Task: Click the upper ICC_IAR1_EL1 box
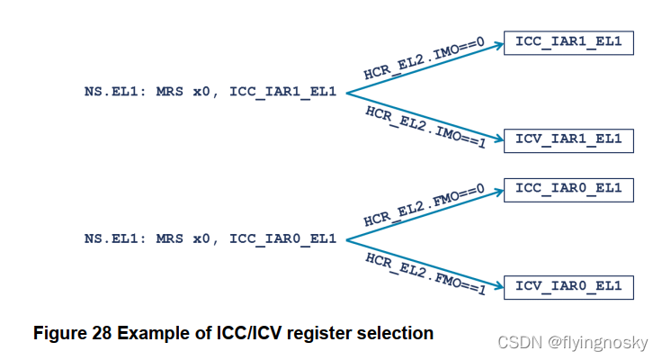coord(568,41)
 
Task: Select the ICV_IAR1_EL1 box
coord(568,140)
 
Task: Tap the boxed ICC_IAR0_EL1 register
coord(568,190)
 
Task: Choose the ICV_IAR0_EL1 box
coord(568,287)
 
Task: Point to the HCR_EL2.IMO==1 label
coord(425,127)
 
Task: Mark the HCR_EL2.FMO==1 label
coord(425,273)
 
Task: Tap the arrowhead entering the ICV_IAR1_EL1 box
coord(497,139)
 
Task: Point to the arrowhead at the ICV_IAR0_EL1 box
coord(497,286)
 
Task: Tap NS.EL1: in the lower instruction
coord(116,238)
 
